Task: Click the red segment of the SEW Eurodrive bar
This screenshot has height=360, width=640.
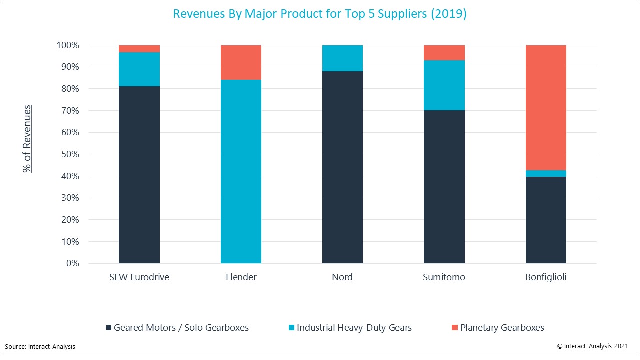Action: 139,49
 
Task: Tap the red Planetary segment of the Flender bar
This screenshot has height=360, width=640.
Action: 241,62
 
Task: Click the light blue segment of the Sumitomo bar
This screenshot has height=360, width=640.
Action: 444,85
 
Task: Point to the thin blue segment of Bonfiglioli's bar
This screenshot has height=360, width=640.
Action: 546,173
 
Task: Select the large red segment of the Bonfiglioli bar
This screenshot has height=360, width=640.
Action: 546,108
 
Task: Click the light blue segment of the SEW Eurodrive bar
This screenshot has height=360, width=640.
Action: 139,69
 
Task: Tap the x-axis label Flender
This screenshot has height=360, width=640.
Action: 241,277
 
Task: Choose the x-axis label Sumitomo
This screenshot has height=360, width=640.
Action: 444,277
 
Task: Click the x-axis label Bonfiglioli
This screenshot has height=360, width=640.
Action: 546,277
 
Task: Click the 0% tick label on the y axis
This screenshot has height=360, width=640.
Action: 72,263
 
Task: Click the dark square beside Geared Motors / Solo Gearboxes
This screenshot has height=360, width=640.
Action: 108,328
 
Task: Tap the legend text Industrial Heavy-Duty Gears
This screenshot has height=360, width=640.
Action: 354,328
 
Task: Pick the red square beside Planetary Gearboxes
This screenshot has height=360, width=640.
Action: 454,328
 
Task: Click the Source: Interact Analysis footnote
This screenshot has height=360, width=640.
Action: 40,346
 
